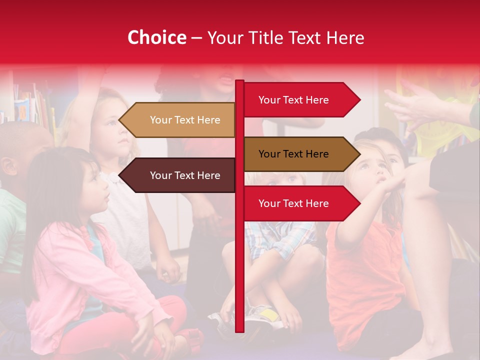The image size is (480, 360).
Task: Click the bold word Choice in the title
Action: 156,38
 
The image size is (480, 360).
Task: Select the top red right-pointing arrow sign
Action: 300,100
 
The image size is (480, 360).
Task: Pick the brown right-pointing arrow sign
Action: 300,154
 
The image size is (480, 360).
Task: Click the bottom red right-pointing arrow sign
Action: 300,203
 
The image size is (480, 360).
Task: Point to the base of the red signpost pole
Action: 239,327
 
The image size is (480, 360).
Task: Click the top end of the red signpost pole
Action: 239,83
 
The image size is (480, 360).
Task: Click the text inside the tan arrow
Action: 185,120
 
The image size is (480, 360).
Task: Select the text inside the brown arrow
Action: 293,154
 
